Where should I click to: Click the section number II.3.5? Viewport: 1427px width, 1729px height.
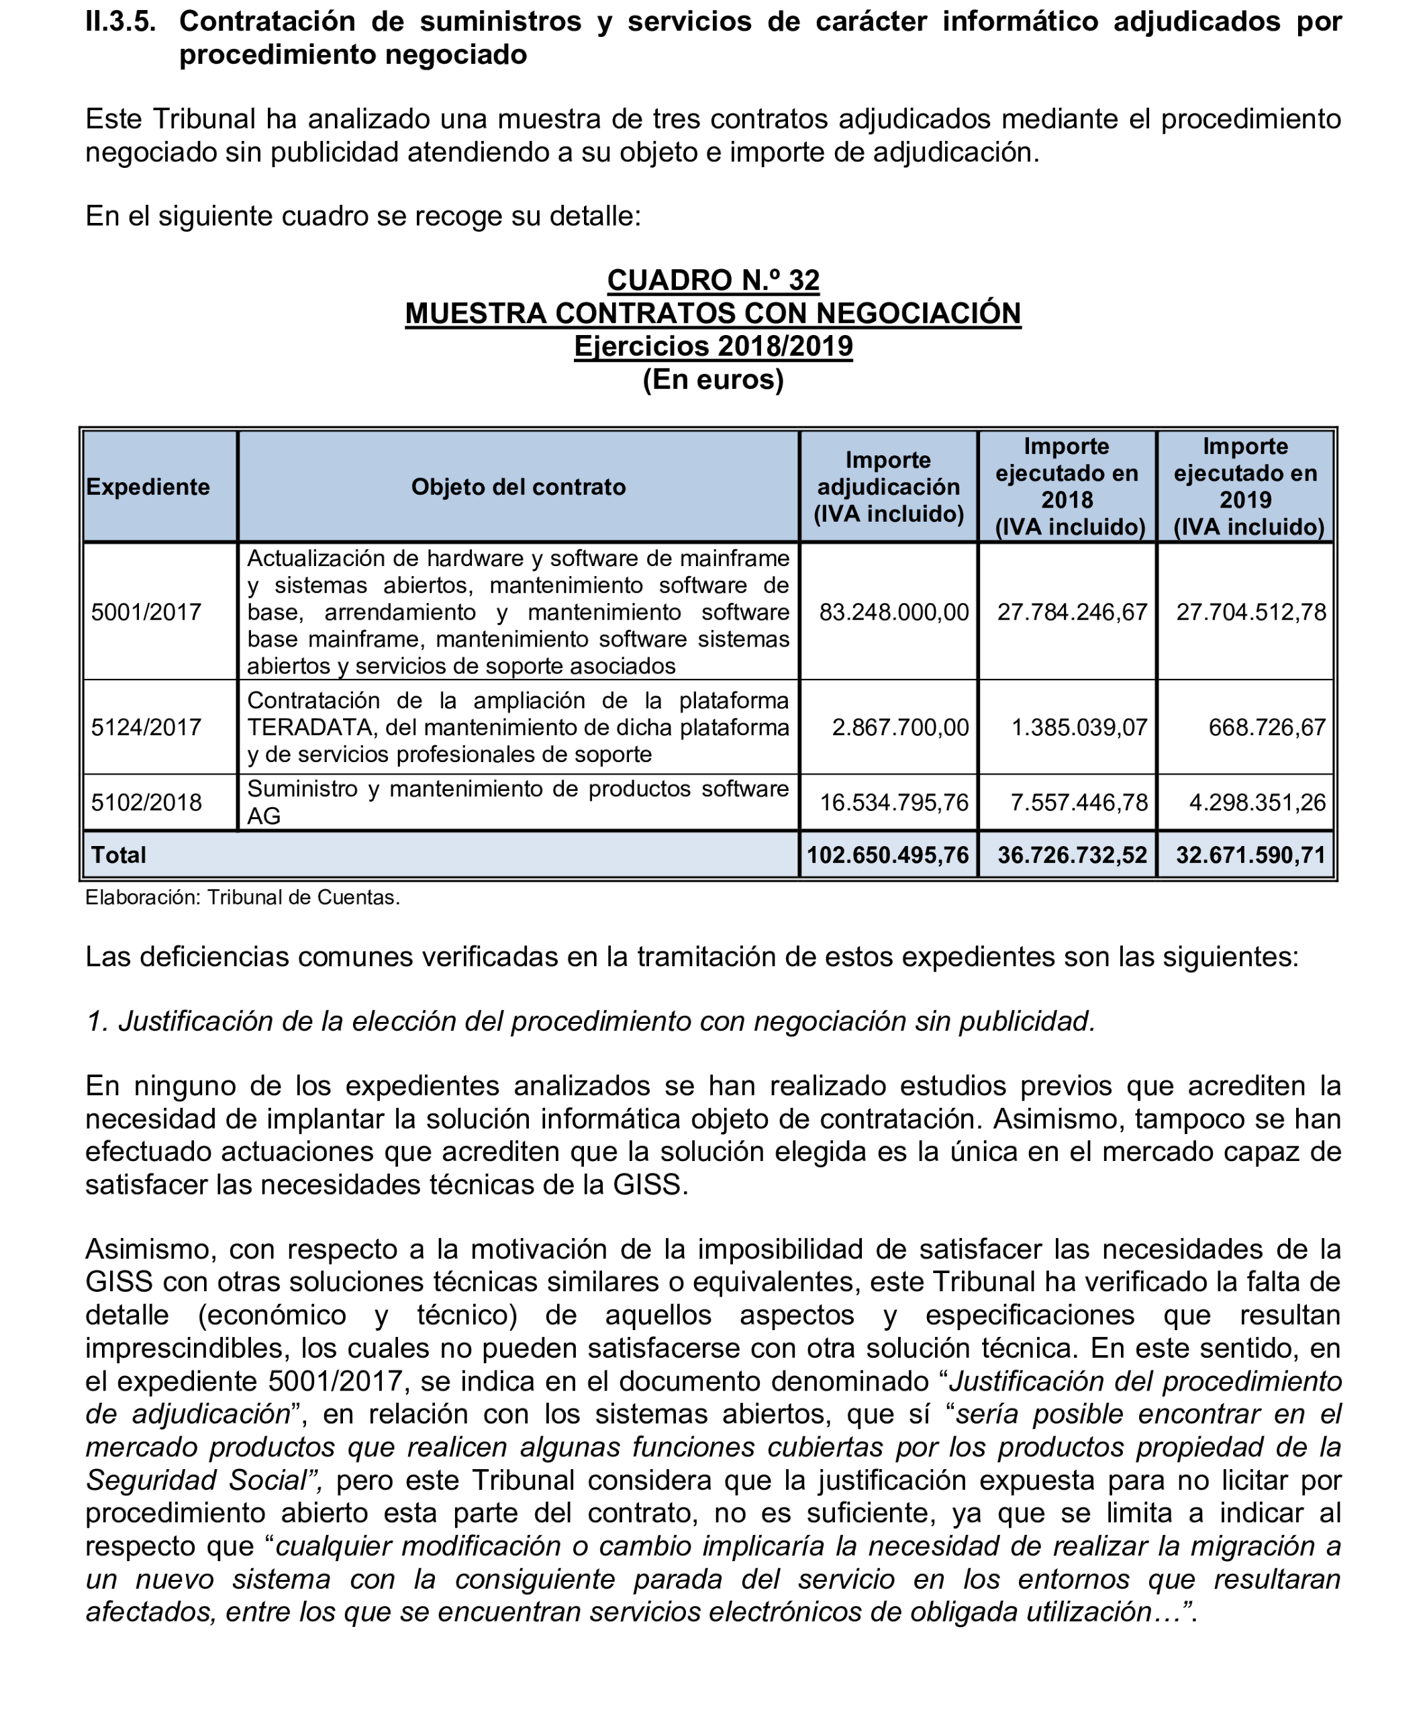(x=120, y=21)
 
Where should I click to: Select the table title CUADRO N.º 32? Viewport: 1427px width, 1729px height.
(x=713, y=281)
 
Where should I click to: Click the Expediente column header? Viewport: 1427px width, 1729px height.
(x=148, y=487)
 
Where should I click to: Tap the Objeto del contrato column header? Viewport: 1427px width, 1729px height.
(x=518, y=487)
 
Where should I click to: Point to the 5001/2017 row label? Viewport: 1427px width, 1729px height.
(x=146, y=612)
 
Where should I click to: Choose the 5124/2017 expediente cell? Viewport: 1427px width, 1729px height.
(x=146, y=727)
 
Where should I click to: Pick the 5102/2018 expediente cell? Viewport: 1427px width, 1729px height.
(x=146, y=802)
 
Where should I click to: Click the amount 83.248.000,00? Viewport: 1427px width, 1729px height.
(x=893, y=612)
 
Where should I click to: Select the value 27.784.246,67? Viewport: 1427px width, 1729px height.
(x=1072, y=612)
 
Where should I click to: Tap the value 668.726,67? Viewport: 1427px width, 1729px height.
(x=1267, y=727)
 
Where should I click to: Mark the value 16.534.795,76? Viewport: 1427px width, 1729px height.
(x=893, y=802)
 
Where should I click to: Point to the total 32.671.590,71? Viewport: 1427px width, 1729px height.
(x=1250, y=855)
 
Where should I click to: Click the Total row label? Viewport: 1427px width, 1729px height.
(x=118, y=855)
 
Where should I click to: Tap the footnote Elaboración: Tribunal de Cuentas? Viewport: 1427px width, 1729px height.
(x=242, y=898)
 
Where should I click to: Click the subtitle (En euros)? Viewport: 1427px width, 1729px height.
(x=713, y=380)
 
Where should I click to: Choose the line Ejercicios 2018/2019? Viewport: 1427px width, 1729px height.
(x=713, y=346)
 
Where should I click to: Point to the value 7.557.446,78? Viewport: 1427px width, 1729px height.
(x=1079, y=802)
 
